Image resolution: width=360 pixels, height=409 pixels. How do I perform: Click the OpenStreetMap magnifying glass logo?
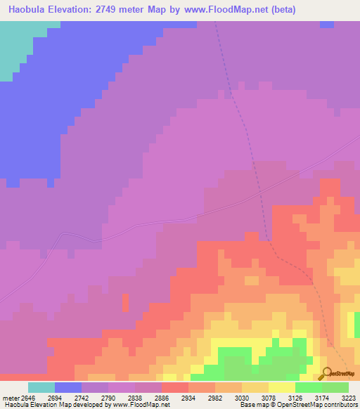[326, 373]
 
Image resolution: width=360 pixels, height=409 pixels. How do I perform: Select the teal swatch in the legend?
[41, 387]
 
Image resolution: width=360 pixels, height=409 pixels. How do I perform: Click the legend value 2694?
[56, 398]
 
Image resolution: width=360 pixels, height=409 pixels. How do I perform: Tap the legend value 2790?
[122, 398]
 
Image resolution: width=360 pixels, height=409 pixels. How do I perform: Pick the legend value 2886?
[190, 398]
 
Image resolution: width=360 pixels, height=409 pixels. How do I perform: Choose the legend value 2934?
[224, 398]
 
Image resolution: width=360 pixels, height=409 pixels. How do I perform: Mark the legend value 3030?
[290, 398]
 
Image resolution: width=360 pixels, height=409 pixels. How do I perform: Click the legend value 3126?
[324, 398]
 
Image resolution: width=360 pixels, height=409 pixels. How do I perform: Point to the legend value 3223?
[349, 398]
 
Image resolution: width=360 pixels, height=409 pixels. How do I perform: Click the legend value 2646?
[23, 398]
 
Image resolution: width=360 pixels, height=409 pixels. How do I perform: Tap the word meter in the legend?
[7, 398]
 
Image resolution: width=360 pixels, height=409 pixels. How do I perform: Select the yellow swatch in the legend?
[282, 387]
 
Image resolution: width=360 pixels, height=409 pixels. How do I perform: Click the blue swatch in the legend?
[68, 387]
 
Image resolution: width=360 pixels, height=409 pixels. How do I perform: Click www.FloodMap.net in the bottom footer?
[140, 405]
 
